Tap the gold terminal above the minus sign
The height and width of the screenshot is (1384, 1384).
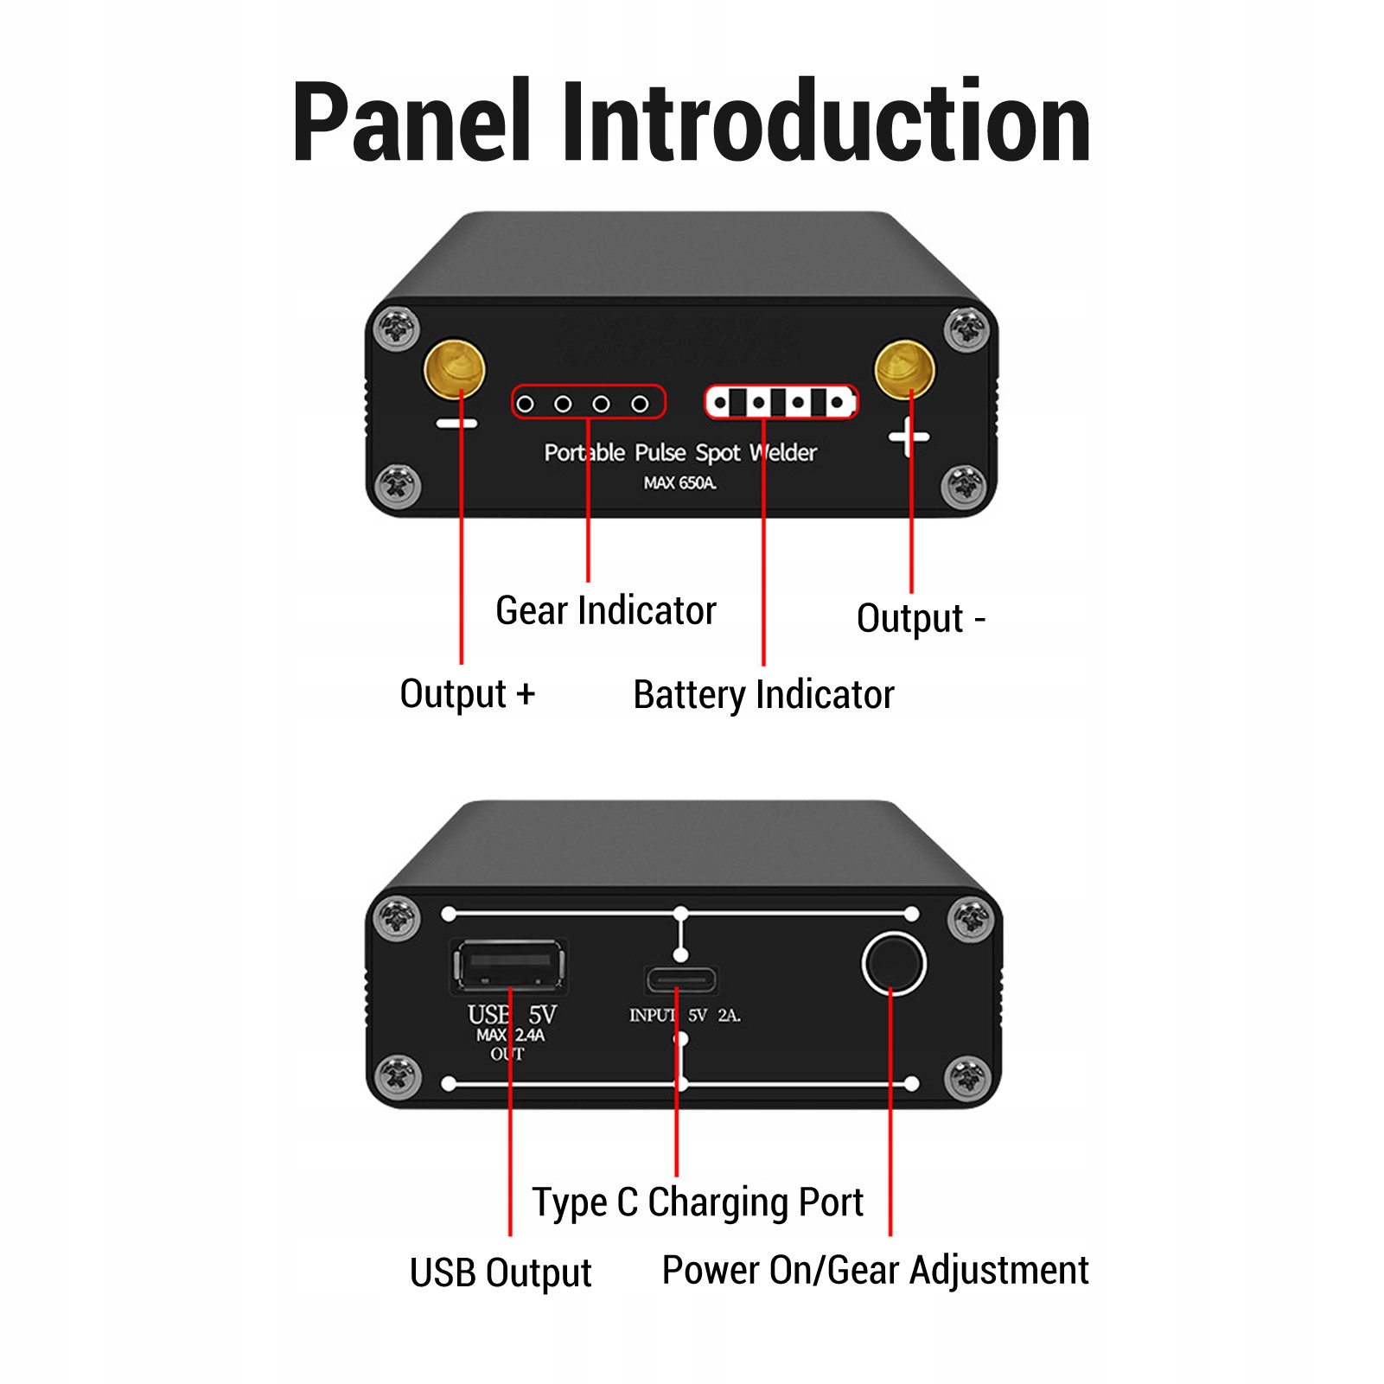tap(454, 368)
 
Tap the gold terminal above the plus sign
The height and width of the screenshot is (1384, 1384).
tap(905, 369)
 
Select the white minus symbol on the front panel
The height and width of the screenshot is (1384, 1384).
tap(456, 424)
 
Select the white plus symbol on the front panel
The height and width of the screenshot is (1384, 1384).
tap(909, 437)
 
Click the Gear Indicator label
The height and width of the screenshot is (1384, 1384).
tap(605, 610)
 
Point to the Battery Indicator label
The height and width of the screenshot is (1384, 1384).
tap(763, 695)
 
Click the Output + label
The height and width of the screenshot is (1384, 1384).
tap(467, 694)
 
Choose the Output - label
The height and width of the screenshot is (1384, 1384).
tap(920, 619)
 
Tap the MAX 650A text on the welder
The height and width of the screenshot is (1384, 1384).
tap(679, 483)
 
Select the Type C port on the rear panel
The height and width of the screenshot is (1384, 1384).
tap(681, 980)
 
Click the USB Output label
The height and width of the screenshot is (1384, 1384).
tap(501, 1272)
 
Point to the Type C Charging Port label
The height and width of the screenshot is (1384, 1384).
tap(698, 1202)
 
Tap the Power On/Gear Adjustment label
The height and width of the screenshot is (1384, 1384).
tap(875, 1271)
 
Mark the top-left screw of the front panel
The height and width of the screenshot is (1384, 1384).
tap(397, 328)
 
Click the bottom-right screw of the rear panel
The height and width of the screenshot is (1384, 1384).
tap(968, 1077)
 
